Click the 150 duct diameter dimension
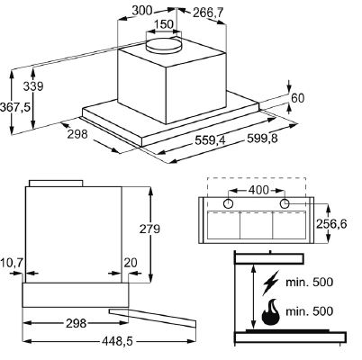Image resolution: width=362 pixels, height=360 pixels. coord(165,24)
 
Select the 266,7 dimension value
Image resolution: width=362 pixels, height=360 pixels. coord(208,13)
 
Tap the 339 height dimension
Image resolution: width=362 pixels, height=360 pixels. coord(33,86)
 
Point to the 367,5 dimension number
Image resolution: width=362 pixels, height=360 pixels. coord(15,107)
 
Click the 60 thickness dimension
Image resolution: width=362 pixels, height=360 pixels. coord(297,98)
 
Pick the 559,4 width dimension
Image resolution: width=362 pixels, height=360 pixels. coord(210,140)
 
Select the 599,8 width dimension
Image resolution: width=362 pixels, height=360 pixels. coord(262,139)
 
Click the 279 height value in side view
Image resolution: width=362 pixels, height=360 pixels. coord(149,229)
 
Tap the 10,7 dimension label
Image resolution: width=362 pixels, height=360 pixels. coord(12,263)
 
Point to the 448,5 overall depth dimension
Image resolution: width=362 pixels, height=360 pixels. coord(117,341)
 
